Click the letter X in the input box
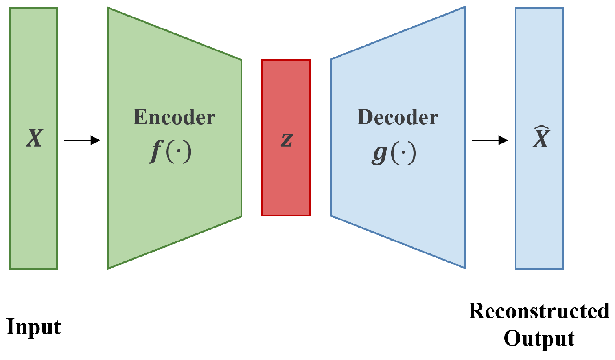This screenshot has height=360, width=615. click(34, 138)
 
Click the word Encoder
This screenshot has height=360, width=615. click(174, 117)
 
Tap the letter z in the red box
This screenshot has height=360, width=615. click(287, 139)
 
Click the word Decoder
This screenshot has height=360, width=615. click(398, 117)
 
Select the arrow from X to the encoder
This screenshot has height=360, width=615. click(82, 140)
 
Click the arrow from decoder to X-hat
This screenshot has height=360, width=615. click(490, 140)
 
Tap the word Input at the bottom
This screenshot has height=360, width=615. click(34, 327)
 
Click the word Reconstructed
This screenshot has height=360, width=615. click(539, 311)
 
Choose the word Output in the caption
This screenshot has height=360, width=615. click(539, 338)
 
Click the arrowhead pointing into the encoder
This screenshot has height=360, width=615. click(96, 140)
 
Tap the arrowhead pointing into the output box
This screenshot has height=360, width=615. click(503, 140)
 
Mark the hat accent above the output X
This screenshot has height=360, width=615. click(541, 128)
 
